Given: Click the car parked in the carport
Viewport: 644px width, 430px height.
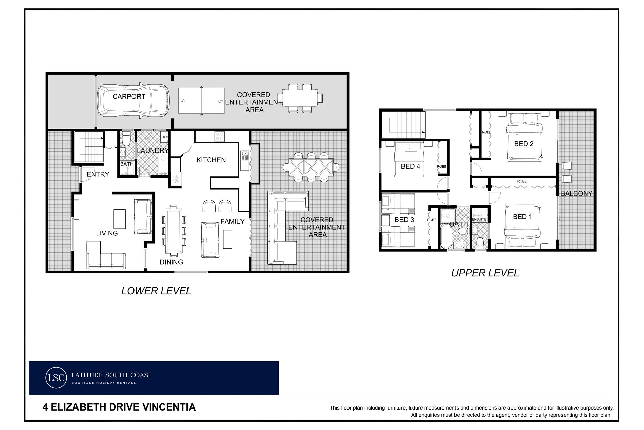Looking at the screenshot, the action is [133, 100].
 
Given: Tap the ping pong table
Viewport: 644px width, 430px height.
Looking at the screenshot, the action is [201, 101].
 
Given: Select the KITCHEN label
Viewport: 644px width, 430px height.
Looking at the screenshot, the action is [211, 160].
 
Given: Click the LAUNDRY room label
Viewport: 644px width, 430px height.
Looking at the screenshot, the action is [152, 150].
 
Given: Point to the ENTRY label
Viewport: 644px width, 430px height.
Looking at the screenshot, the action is [98, 174].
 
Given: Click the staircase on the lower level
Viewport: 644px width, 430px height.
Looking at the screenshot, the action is [89, 147].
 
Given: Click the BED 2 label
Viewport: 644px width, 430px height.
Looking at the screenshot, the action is [524, 144].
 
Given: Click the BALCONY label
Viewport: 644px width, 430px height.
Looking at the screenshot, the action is [576, 193].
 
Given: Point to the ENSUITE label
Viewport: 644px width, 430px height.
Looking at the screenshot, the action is [479, 219].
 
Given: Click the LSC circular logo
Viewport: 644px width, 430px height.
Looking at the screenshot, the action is [56, 378].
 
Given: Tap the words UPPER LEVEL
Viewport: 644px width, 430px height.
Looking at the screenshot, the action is [485, 273].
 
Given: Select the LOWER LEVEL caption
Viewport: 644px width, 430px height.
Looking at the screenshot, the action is [156, 291].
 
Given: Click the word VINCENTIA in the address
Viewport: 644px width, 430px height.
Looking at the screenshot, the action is [169, 407].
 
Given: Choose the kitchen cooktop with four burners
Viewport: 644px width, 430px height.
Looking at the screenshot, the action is [220, 136].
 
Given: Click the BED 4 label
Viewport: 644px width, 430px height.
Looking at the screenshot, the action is [410, 166].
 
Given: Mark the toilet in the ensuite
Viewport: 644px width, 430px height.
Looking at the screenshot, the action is [480, 242].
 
